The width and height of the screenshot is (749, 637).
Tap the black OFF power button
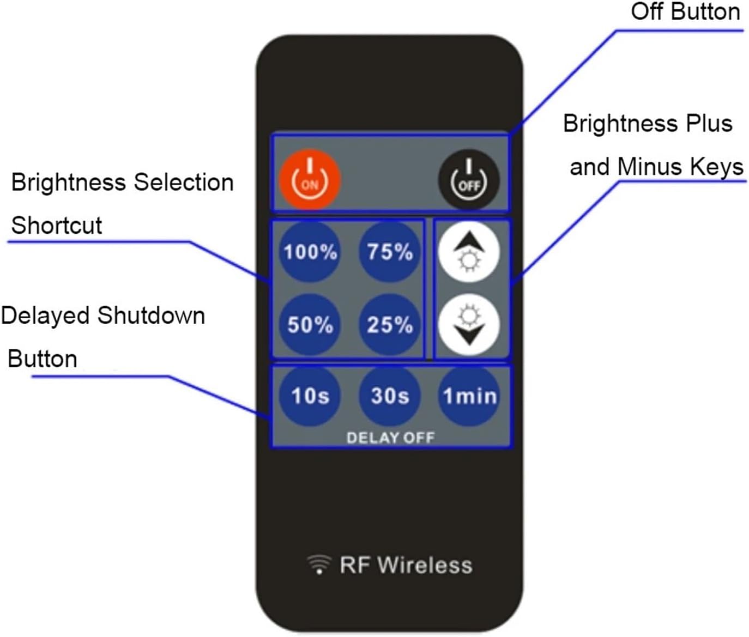coord(469,180)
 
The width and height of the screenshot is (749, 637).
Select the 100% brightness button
coord(310,252)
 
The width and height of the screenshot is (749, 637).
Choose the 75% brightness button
coord(390,252)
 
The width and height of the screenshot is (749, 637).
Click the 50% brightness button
coord(310,325)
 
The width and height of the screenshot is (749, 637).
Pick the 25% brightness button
coord(390,325)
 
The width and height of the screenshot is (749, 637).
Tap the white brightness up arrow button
coord(469,252)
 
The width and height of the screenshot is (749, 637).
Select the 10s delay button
coord(310,396)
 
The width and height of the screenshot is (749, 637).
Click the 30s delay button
coord(390,396)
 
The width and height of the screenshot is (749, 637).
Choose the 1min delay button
coord(469,396)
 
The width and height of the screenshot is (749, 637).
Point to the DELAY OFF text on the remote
coord(390,438)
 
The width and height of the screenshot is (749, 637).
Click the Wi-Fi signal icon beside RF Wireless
coord(319,564)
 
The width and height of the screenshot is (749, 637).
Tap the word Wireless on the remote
coord(425,565)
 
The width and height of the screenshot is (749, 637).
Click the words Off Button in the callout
coord(685,11)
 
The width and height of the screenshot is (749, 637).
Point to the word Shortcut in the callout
coord(57,225)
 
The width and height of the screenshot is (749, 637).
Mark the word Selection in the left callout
coord(184,182)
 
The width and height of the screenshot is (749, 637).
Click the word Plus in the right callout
coord(709,123)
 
